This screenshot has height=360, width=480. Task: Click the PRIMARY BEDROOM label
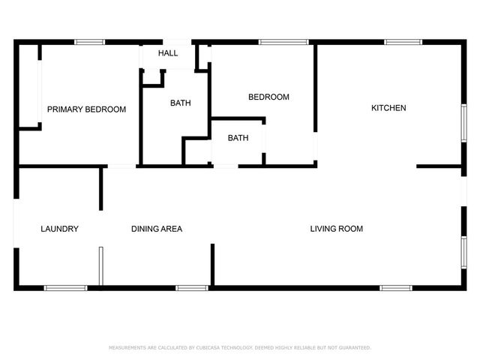tap(86, 109)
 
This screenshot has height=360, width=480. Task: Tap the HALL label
tap(168, 53)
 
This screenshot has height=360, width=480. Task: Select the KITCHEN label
tap(388, 108)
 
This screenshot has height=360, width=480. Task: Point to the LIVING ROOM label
tap(337, 229)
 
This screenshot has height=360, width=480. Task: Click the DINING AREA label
tap(157, 229)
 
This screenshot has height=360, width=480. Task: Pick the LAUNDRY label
tap(60, 229)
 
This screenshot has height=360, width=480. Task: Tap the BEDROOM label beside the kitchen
tap(268, 97)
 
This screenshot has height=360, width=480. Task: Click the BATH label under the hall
tap(180, 103)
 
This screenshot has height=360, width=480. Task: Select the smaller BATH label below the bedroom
tap(238, 138)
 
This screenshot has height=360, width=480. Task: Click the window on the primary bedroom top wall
tap(89, 42)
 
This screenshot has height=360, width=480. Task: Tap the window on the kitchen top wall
tap(397, 42)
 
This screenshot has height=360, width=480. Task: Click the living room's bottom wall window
tap(395, 287)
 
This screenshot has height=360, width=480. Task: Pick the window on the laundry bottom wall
tap(65, 287)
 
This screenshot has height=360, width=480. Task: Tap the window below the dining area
tap(191, 287)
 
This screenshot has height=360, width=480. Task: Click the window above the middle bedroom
tap(274, 42)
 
